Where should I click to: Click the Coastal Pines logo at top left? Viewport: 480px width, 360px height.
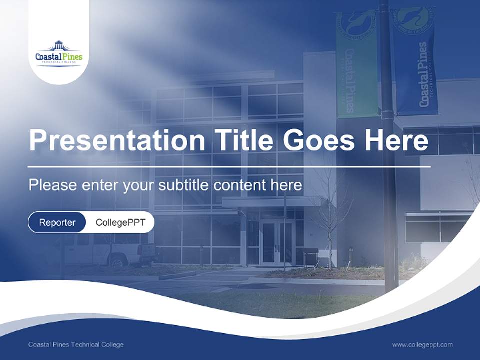pyautogui.click(x=59, y=54)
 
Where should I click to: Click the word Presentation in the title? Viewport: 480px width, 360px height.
pyautogui.click(x=117, y=140)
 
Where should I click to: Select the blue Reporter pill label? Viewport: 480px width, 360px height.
pyautogui.click(x=57, y=222)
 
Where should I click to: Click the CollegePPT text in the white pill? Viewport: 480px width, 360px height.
pyautogui.click(x=120, y=222)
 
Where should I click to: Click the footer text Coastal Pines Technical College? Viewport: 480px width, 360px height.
pyautogui.click(x=76, y=345)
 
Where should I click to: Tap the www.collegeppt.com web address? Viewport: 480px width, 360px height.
pyautogui.click(x=422, y=345)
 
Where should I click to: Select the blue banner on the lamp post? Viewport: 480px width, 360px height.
pyautogui.click(x=416, y=62)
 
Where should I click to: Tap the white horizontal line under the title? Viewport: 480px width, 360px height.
pyautogui.click(x=229, y=166)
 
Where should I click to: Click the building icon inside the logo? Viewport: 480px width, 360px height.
pyautogui.click(x=59, y=45)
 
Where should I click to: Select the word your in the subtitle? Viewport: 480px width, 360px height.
pyautogui.click(x=139, y=185)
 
